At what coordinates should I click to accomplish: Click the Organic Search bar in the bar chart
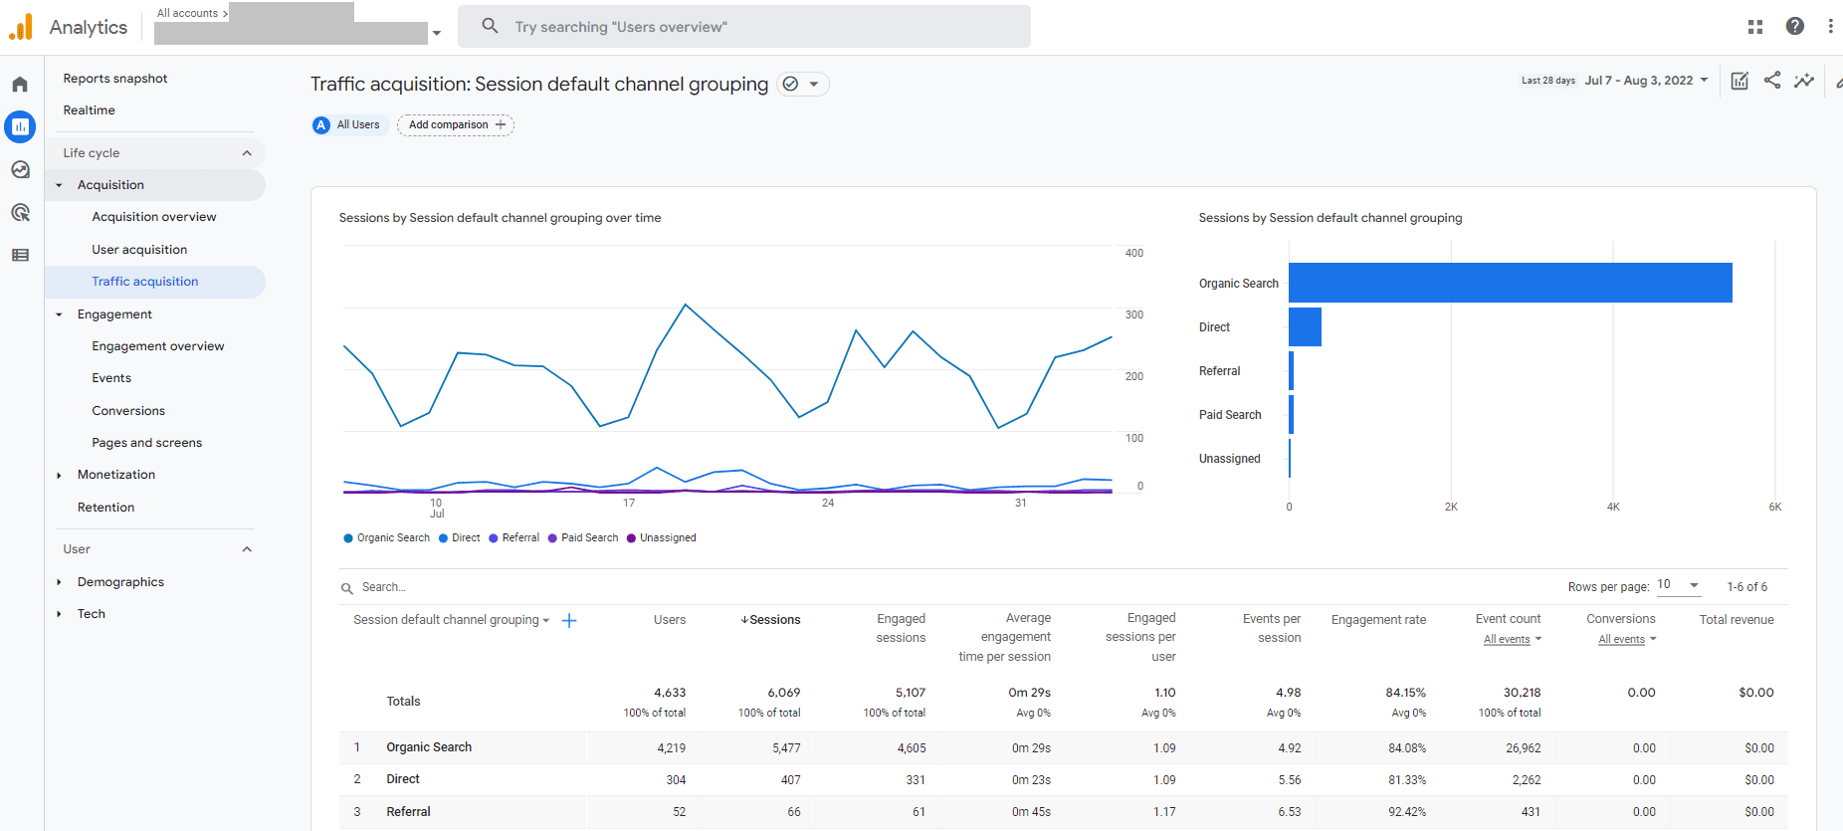point(1510,283)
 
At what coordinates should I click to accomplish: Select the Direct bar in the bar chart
point(1305,326)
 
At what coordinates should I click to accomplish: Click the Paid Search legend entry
point(583,537)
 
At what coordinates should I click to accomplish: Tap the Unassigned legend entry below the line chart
point(662,537)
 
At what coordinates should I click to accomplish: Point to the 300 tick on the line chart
point(1134,314)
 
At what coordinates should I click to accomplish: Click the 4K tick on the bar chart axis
point(1613,507)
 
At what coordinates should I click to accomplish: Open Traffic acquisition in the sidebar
point(145,282)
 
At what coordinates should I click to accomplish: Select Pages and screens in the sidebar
point(147,443)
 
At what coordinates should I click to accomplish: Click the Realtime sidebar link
point(90,110)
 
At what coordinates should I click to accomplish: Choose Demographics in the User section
point(120,582)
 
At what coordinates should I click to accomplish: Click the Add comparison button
point(456,124)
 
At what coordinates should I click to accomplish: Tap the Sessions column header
point(770,620)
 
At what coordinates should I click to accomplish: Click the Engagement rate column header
point(1378,620)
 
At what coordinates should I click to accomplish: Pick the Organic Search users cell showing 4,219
point(671,748)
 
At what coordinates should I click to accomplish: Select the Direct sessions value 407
point(790,780)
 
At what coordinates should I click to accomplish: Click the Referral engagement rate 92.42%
point(1407,812)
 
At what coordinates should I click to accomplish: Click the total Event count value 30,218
point(1522,693)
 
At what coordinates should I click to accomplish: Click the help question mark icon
point(1795,27)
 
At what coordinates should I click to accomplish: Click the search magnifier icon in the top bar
point(490,26)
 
